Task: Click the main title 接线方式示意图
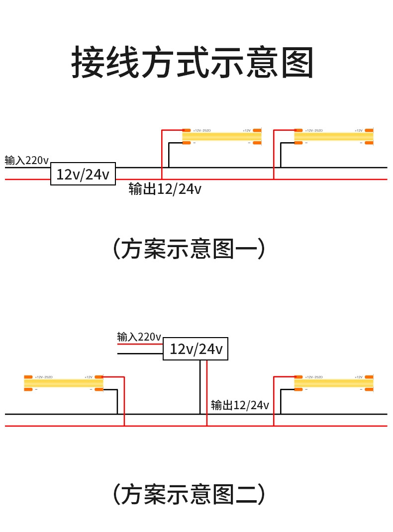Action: (193, 63)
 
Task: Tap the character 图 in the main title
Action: (297, 63)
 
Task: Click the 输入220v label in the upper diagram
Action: (27, 161)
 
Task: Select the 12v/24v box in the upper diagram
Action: (83, 174)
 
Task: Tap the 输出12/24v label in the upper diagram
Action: (165, 189)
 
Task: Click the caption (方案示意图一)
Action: (189, 249)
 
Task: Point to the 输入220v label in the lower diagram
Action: (139, 337)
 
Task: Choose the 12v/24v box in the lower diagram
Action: (196, 349)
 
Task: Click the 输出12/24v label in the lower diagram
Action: (240, 405)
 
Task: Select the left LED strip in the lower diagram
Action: (64, 383)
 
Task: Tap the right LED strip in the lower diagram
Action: (333, 383)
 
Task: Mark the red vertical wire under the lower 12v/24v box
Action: (207, 393)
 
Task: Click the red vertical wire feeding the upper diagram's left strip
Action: (162, 154)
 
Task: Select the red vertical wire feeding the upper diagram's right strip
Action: (274, 154)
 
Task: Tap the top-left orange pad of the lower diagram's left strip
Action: (28, 377)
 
